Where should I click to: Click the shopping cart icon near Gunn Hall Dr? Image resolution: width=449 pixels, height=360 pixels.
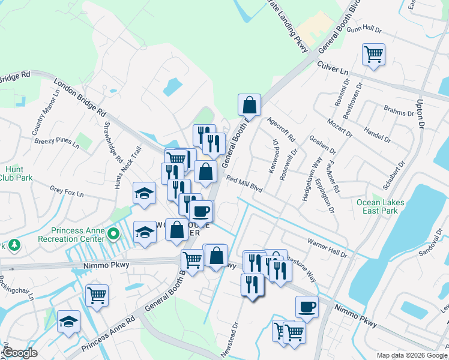click(373, 55)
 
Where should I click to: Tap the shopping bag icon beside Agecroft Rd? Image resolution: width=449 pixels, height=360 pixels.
click(249, 106)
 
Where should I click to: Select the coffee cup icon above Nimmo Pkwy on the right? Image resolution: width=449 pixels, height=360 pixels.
click(307, 307)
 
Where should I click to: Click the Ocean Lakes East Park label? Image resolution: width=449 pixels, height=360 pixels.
click(380, 207)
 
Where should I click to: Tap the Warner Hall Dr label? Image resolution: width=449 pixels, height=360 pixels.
click(327, 248)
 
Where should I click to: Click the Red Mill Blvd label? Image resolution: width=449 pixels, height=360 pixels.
click(245, 183)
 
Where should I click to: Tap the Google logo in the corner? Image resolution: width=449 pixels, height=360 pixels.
click(20, 353)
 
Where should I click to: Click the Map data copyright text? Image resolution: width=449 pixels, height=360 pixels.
click(412, 355)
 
